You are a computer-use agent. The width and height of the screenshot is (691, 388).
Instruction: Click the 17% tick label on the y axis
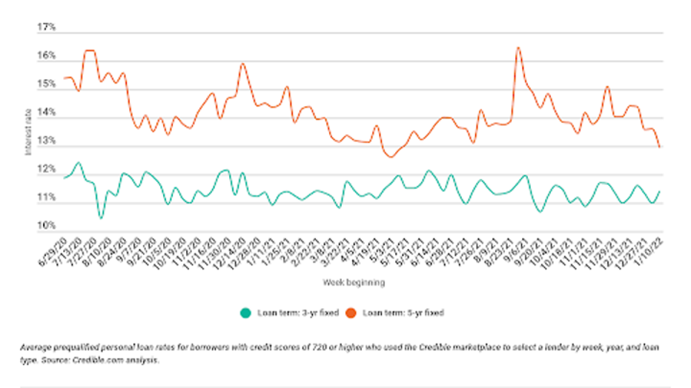47,28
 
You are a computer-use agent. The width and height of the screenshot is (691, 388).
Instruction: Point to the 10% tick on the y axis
47,225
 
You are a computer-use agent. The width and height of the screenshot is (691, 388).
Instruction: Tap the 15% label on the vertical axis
47,84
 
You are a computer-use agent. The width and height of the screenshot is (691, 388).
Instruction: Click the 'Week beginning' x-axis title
354,282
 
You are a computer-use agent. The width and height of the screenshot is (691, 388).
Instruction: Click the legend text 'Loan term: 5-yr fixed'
403,312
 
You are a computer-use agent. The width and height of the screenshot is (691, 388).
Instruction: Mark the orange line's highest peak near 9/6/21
518,48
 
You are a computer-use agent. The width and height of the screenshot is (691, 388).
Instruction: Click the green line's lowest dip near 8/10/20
101,218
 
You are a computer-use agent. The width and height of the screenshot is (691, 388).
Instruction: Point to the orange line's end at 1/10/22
659,147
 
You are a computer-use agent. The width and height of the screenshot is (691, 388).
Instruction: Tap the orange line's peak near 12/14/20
242,64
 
